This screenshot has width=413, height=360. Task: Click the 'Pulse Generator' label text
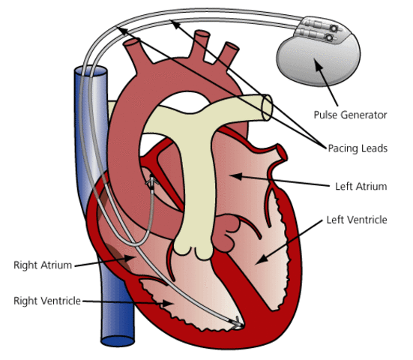[x=350, y=115]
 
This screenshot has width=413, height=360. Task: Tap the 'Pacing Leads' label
[x=358, y=148]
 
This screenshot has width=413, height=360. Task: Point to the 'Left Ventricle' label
[x=357, y=220]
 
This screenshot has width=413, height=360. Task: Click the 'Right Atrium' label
[x=42, y=265]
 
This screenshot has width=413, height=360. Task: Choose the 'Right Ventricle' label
[x=46, y=300]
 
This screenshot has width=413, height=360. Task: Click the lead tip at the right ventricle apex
[x=237, y=324]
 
